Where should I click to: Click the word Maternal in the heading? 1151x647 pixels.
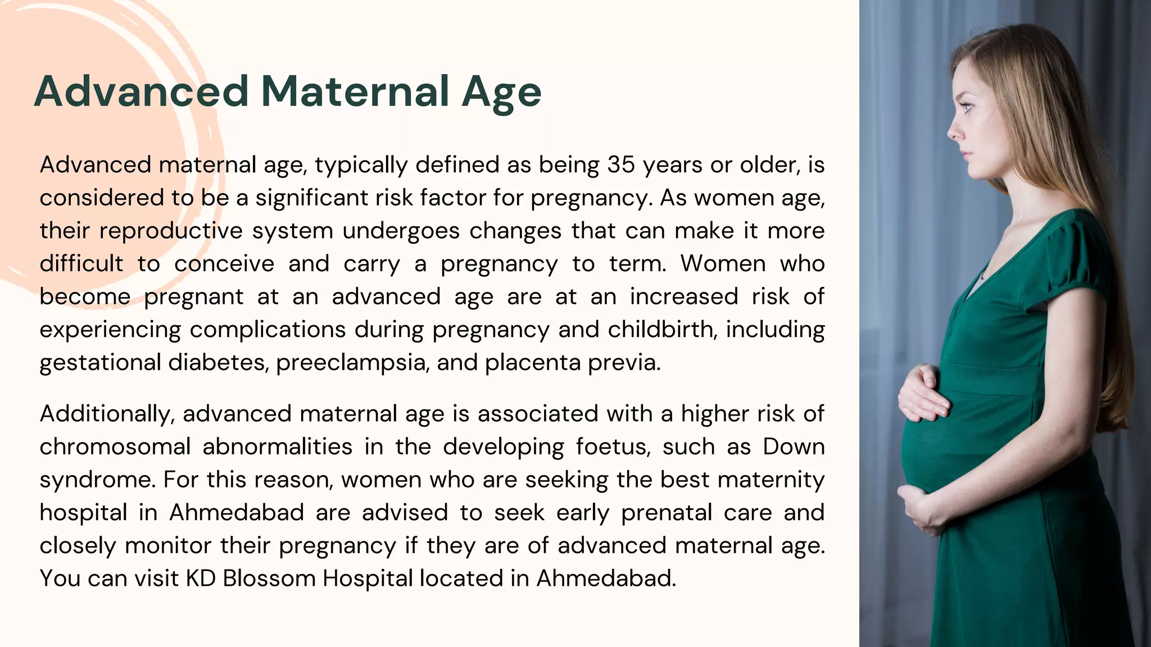click(355, 92)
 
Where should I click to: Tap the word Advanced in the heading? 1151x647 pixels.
click(141, 92)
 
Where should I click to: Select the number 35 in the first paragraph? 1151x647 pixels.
click(621, 165)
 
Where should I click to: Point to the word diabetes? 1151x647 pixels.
click(217, 363)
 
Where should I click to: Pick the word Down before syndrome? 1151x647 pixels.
click(794, 447)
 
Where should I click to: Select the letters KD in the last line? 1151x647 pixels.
click(201, 578)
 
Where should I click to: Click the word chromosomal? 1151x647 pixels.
click(115, 447)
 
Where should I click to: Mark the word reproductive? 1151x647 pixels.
click(171, 231)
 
